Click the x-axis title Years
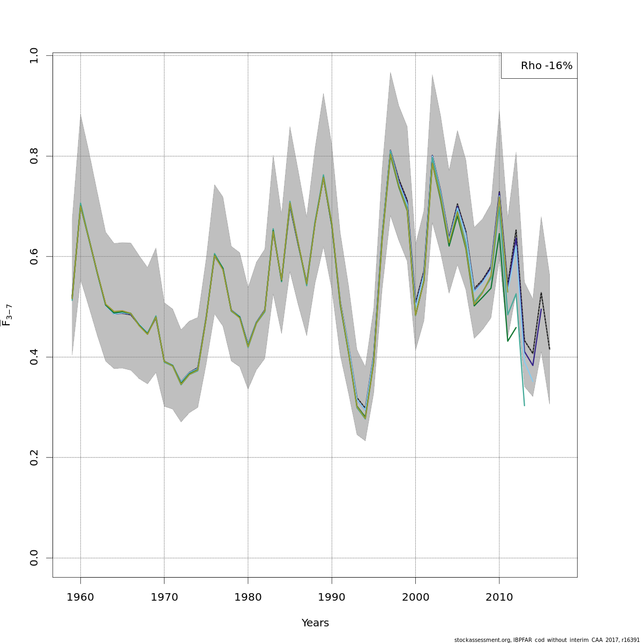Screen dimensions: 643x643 [x=315, y=623]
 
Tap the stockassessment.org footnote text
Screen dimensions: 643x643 [x=547, y=640]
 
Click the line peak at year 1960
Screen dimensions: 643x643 [x=80, y=204]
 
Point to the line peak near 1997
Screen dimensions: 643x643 [x=391, y=152]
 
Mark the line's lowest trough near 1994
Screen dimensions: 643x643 [x=365, y=417]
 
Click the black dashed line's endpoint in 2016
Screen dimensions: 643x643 [x=550, y=349]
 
